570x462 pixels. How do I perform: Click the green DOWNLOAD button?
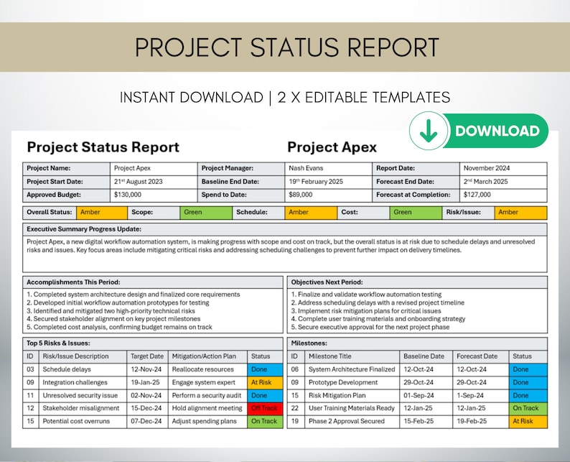pos(496,131)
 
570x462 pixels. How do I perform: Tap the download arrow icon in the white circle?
pos(429,131)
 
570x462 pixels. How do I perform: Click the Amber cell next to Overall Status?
pos(102,213)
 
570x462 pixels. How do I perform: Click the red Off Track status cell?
pos(263,408)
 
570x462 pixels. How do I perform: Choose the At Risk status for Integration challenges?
pos(263,382)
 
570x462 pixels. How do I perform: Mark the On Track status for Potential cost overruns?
pos(263,421)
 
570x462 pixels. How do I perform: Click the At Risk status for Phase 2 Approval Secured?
pos(528,421)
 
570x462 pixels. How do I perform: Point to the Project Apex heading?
pos(332,147)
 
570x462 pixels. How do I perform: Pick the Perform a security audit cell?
pos(207,395)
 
